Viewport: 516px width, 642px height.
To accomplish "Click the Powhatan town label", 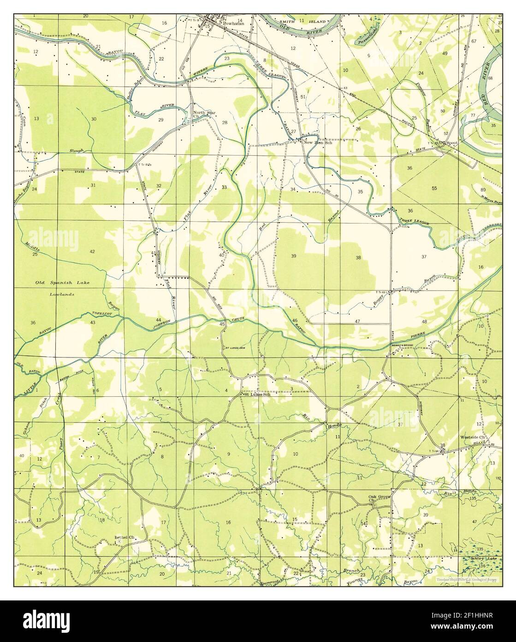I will tap(233, 22).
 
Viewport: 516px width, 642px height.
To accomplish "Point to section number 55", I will tap(434, 188).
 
